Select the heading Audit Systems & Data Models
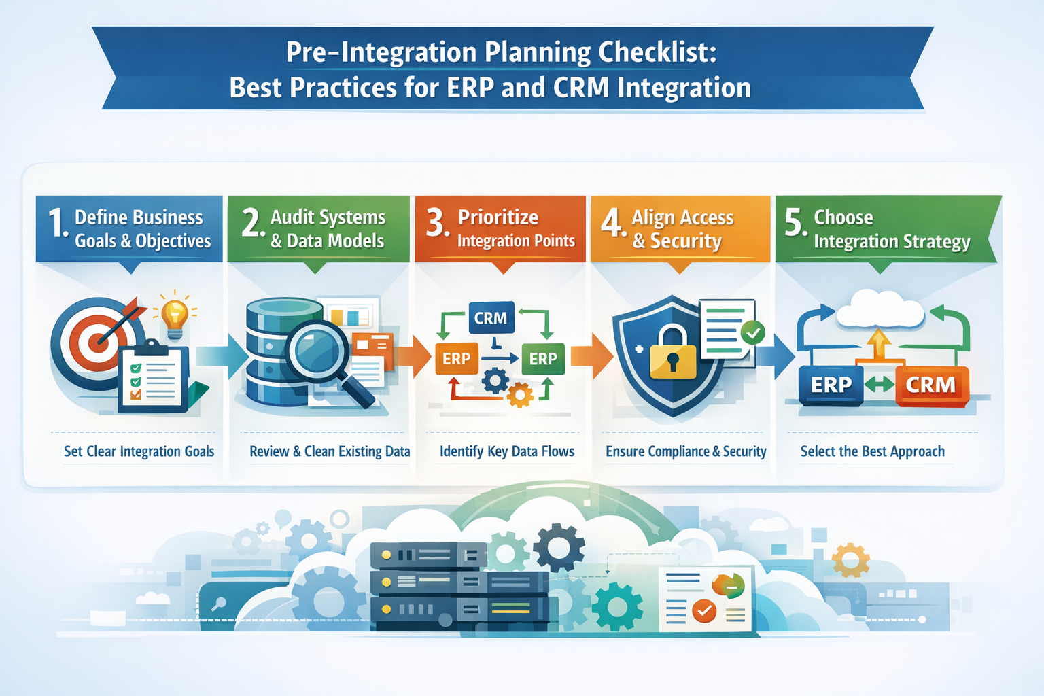(x=328, y=229)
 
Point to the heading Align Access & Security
(x=682, y=229)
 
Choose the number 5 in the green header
(x=794, y=222)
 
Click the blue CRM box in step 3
(x=491, y=318)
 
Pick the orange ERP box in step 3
(x=456, y=359)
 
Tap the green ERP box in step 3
(x=543, y=359)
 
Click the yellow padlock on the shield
(x=673, y=354)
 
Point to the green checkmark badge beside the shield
(x=752, y=332)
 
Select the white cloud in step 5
(x=880, y=311)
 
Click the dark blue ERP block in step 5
(x=831, y=385)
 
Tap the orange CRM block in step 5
(x=931, y=385)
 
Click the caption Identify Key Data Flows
(x=507, y=451)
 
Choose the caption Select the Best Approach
(x=872, y=451)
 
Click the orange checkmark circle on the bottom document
(x=704, y=611)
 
